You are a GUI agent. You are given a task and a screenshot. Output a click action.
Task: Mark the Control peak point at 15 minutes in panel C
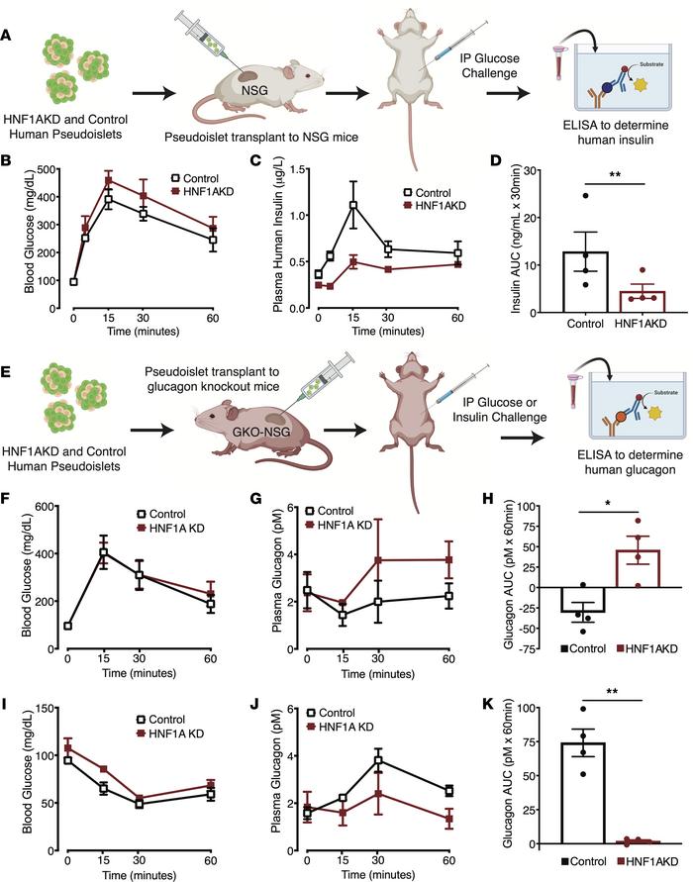351,205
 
